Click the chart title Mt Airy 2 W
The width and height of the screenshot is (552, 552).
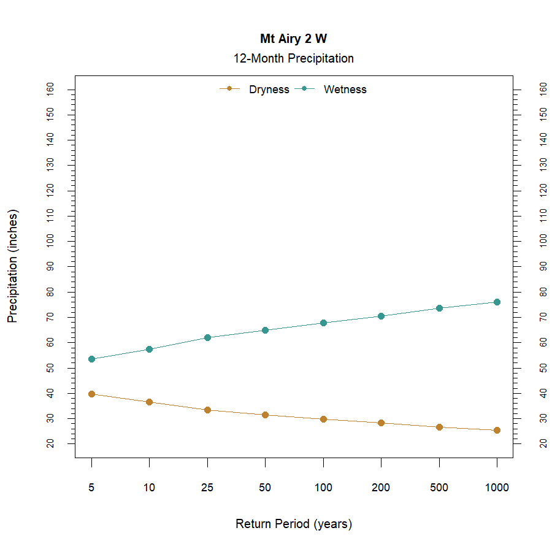click(x=293, y=39)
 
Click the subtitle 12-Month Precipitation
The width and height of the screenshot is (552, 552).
click(x=293, y=59)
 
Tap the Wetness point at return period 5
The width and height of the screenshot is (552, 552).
click(x=91, y=359)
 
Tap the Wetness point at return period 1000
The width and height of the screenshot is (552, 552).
click(x=497, y=302)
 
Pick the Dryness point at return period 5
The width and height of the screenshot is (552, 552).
click(x=91, y=394)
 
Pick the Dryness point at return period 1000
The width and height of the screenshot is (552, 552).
click(x=497, y=430)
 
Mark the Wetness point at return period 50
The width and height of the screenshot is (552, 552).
click(x=265, y=330)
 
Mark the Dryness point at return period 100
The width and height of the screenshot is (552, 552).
click(x=323, y=419)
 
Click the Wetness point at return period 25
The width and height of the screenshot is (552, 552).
click(x=207, y=337)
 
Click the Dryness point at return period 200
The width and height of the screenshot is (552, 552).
click(x=381, y=423)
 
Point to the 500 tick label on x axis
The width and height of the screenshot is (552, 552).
click(x=439, y=488)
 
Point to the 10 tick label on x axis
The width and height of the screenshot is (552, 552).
click(x=149, y=488)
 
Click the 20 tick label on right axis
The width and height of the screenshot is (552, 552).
click(x=542, y=443)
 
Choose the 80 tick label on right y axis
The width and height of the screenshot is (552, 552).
click(x=542, y=292)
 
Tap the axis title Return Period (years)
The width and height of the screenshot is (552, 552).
click(x=293, y=524)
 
